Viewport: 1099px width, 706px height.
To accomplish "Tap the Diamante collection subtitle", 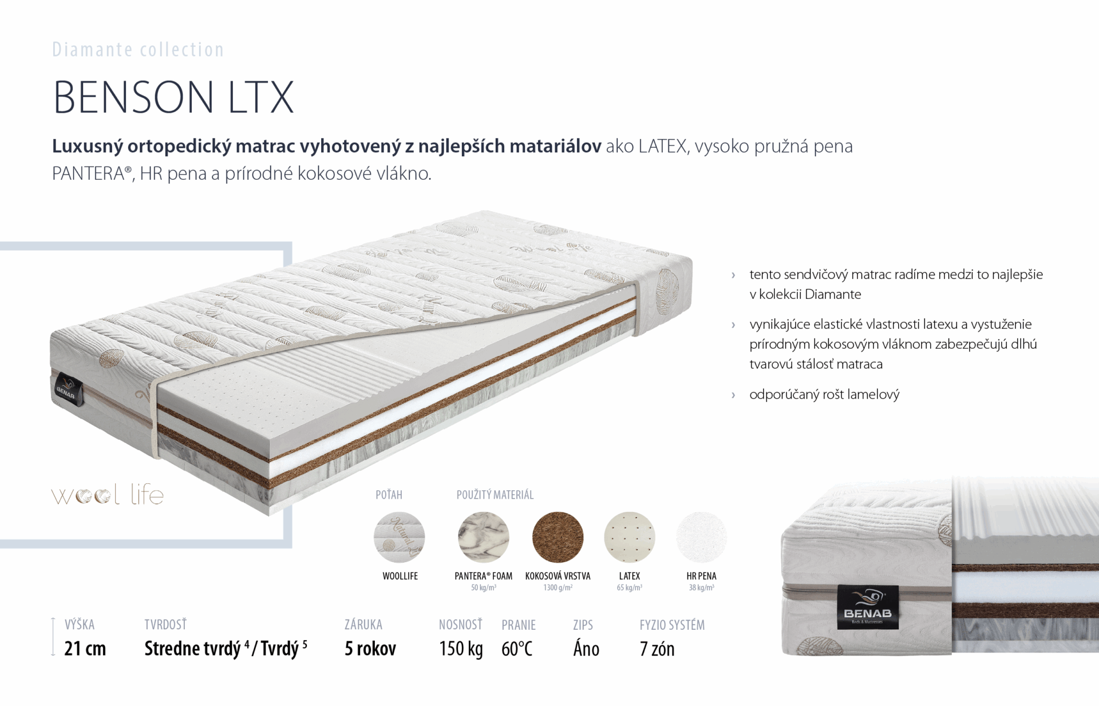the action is [x=138, y=50].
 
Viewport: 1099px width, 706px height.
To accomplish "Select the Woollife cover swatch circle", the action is [x=400, y=537].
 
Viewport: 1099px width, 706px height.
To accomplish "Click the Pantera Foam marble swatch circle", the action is [x=484, y=537].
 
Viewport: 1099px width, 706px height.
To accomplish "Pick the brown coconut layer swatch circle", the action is [x=558, y=537].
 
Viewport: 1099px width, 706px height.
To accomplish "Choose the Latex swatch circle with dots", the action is [x=630, y=537].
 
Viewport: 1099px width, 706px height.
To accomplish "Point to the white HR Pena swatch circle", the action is [x=702, y=537].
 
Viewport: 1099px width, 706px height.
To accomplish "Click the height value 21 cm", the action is [x=85, y=649].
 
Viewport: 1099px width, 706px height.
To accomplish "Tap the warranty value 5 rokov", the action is [x=370, y=649].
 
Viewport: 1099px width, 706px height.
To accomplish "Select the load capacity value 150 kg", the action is [x=461, y=649].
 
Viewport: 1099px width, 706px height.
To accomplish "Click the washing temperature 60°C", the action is [x=517, y=649].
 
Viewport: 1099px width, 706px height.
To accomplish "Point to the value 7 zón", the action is [x=657, y=649].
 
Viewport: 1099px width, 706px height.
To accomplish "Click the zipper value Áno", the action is [x=586, y=649].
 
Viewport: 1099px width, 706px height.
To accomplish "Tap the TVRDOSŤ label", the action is [x=165, y=624].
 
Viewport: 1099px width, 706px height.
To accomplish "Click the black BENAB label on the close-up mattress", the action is [x=868, y=607].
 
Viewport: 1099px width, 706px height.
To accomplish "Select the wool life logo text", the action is [x=108, y=495].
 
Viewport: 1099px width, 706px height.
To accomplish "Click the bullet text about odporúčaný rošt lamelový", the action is [x=824, y=395].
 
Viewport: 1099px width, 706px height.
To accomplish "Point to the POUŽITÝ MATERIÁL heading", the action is [x=495, y=495].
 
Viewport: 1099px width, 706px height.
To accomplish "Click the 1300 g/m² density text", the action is [x=558, y=588].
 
